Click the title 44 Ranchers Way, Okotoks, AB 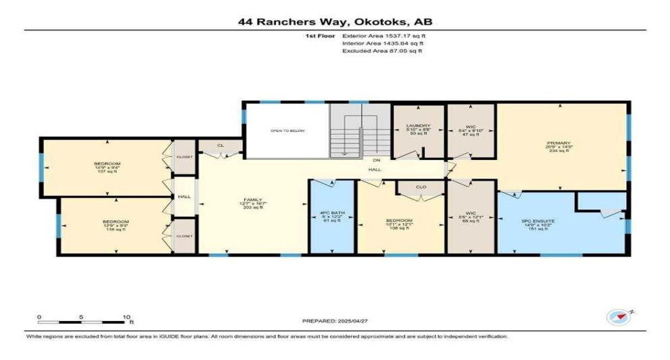[335, 22]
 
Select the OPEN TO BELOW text [285, 131]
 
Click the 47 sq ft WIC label [470, 130]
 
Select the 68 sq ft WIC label [470, 217]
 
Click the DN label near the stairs [376, 161]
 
